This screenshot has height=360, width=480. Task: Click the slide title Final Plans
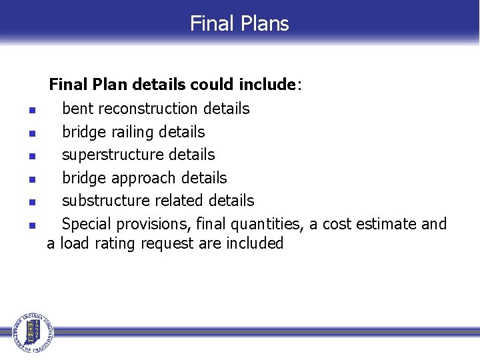239,23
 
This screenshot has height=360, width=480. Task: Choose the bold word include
269,85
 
